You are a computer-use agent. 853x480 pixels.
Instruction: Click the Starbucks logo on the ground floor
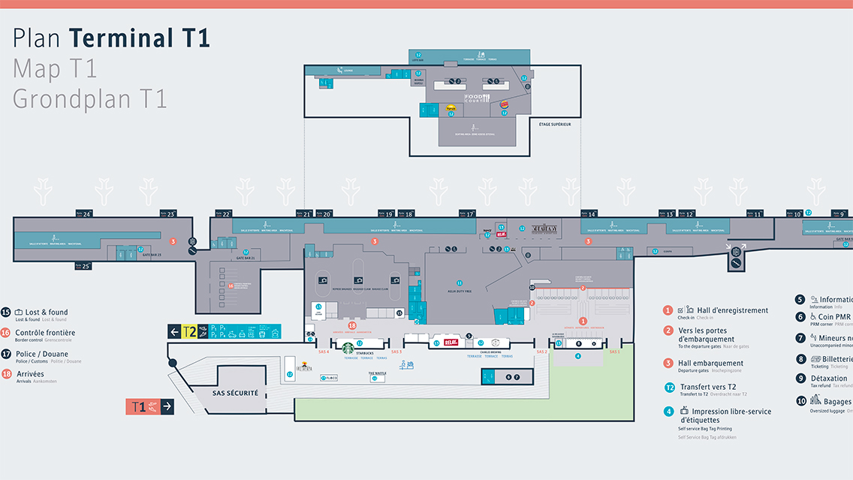click(x=348, y=348)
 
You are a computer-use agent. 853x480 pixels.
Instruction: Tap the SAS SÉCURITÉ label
click(x=235, y=393)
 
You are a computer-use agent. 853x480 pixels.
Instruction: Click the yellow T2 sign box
click(x=190, y=332)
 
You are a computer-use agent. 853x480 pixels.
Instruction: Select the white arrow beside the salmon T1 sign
click(x=167, y=406)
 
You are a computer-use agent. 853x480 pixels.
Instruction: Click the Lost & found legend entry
click(x=47, y=312)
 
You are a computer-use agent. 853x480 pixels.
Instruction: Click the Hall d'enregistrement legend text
click(x=732, y=310)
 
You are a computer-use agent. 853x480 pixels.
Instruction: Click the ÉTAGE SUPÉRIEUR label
click(x=555, y=124)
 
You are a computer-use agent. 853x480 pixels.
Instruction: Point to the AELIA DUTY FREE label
click(x=460, y=289)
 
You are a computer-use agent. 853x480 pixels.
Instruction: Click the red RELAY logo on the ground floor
click(x=451, y=343)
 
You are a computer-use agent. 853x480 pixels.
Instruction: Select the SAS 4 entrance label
click(x=324, y=352)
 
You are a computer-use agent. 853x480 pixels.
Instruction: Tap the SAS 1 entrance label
click(x=614, y=352)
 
